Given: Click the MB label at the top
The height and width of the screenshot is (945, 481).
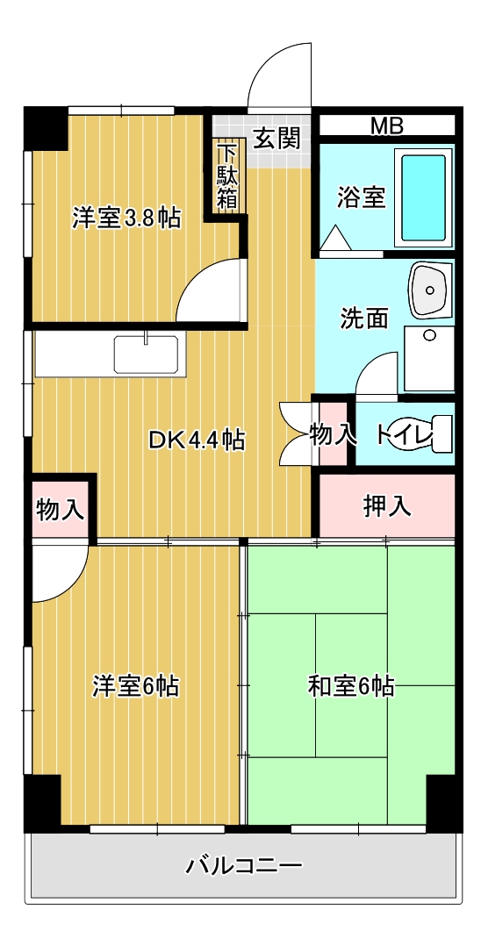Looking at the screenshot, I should point(386,125).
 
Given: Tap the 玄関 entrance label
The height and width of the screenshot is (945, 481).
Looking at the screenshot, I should point(277,138).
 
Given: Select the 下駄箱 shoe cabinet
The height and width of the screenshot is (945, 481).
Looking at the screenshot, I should point(227,175).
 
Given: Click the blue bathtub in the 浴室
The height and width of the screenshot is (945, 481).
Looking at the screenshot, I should point(425,197).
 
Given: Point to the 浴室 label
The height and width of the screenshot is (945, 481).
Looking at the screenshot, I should point(361,197).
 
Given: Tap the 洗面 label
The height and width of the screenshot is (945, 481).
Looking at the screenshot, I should point(364,318).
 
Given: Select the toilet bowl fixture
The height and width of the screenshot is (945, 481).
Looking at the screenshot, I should point(420,434).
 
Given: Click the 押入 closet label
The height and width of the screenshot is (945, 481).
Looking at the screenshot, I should point(386,505).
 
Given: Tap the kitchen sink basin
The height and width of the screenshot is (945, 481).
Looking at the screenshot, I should point(146,354).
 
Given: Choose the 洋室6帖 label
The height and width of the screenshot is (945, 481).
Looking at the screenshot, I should point(136,685).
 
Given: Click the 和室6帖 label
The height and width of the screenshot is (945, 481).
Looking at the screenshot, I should point(350,685).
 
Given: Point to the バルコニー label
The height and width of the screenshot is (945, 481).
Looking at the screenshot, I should point(244,867).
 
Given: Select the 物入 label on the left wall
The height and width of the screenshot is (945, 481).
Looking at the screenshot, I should point(60,509).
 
